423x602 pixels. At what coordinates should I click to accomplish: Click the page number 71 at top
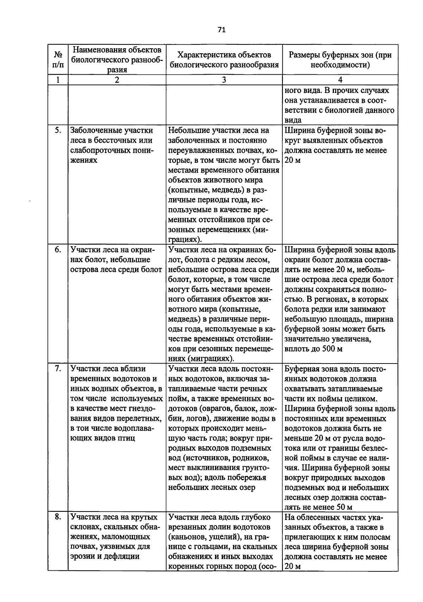[x=221, y=30]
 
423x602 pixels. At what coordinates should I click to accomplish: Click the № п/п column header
[x=58, y=60]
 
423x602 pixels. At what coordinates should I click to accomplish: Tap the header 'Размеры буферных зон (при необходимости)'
[x=340, y=60]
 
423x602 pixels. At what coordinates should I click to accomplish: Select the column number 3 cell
[x=224, y=80]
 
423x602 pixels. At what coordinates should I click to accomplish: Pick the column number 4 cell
[x=340, y=80]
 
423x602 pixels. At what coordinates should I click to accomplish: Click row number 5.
[x=58, y=131]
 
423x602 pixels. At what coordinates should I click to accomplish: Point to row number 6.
[x=58, y=250]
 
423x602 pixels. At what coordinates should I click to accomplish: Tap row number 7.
[x=58, y=369]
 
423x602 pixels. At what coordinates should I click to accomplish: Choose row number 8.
[x=58, y=517]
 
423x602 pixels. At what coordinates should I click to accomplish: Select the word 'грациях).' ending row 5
[x=185, y=240]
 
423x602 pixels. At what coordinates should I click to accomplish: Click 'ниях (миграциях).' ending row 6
[x=201, y=359]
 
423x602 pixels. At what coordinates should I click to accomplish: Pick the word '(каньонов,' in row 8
[x=186, y=537]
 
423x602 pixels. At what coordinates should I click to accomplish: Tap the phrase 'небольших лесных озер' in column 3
[x=211, y=488]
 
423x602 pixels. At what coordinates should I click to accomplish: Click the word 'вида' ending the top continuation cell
[x=293, y=120]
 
